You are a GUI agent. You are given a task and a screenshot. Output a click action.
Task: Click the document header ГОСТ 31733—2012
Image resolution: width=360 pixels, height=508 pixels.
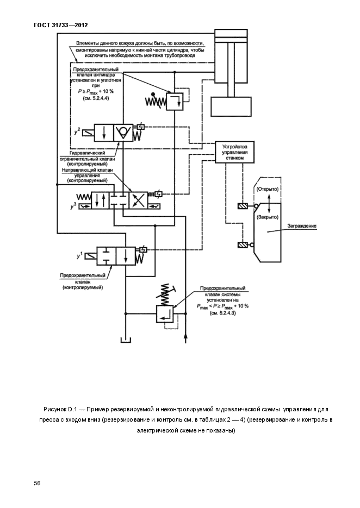tap(61, 25)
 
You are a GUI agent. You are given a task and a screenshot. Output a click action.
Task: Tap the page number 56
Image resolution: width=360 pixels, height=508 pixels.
tap(38, 484)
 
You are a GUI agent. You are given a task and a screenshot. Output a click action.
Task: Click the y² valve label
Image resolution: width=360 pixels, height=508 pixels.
tap(77, 131)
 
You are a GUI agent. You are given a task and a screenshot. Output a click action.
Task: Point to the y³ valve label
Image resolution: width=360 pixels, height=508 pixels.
tap(73, 206)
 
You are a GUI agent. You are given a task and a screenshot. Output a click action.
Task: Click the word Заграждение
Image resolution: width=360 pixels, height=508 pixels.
tap(302, 226)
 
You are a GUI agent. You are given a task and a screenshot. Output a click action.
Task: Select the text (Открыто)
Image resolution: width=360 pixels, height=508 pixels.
tap(267, 189)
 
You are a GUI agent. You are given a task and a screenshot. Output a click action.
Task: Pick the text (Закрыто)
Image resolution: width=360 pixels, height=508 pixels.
tap(267, 217)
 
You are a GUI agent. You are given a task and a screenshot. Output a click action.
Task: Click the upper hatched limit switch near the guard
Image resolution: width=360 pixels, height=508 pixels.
tap(243, 206)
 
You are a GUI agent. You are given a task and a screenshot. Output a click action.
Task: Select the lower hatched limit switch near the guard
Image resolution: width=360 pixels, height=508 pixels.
tap(243, 245)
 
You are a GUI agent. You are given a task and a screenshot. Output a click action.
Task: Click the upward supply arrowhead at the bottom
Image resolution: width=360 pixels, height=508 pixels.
tap(186, 337)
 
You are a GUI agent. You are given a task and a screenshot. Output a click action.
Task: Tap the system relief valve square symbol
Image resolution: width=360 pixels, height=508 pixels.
tap(165, 313)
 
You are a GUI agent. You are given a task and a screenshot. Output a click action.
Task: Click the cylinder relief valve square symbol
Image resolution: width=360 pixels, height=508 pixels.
tap(175, 102)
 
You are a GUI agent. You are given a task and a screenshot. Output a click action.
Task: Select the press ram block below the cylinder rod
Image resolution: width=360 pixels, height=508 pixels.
tap(231, 106)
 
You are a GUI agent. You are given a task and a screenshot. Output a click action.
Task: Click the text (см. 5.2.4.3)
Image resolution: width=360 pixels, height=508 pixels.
tap(222, 313)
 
